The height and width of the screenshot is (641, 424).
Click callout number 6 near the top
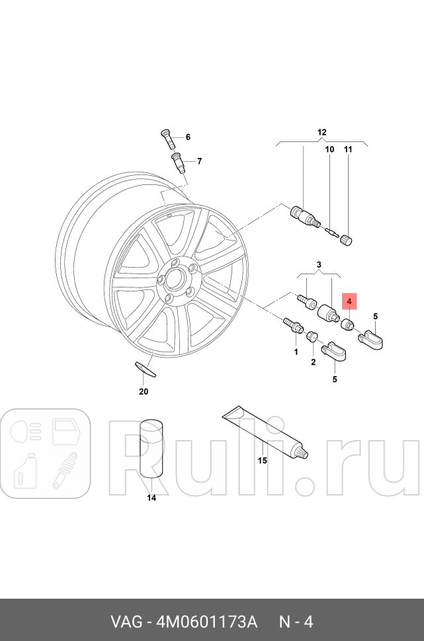188,137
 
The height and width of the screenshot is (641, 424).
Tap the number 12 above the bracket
322,133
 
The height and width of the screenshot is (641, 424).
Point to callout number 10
329,150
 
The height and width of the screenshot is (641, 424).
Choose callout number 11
349,150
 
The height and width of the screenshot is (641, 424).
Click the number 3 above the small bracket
319,265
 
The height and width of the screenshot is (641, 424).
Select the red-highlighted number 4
349,301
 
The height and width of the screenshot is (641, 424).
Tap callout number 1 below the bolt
296,352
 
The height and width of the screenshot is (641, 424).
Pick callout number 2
313,361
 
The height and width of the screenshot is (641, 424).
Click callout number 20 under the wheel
144,391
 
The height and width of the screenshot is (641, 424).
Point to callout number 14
151,498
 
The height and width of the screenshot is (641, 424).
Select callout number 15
262,461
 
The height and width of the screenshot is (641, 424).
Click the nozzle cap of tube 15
302,454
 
